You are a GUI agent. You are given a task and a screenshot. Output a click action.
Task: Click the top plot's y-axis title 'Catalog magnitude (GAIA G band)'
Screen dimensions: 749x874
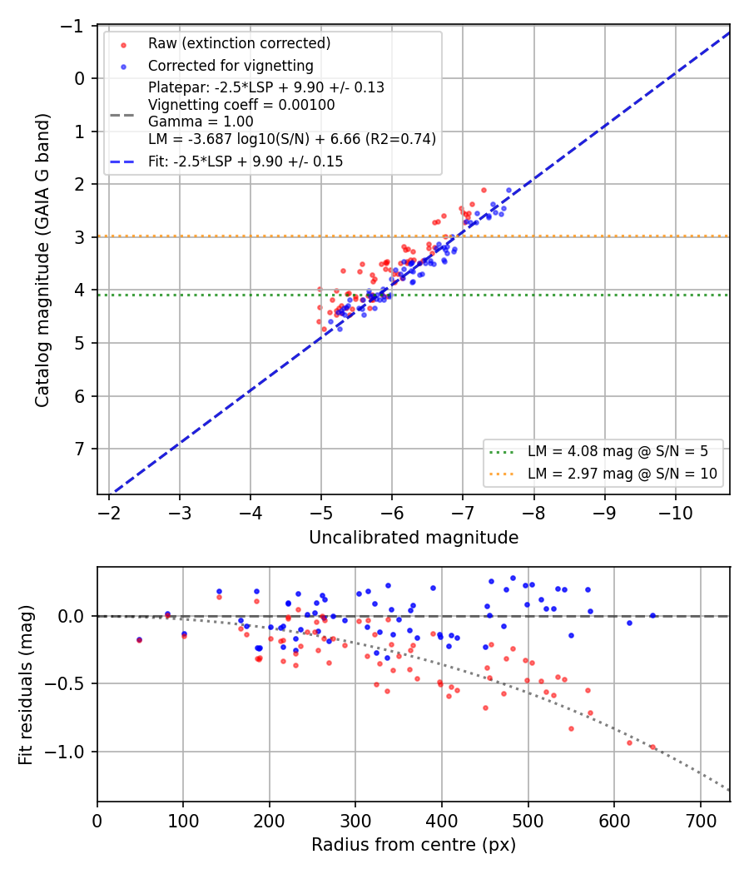(x=42, y=261)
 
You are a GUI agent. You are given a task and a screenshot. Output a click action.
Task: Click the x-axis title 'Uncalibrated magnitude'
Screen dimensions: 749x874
(x=414, y=538)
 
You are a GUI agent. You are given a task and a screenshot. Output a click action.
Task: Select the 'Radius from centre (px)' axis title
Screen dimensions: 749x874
(x=414, y=845)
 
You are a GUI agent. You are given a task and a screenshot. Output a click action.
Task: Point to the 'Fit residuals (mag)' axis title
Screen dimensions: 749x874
(x=26, y=684)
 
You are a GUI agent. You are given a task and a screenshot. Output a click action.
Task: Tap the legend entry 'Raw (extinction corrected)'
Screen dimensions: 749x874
(x=239, y=43)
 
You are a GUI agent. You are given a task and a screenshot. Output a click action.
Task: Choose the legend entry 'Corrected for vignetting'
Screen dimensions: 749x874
(x=231, y=66)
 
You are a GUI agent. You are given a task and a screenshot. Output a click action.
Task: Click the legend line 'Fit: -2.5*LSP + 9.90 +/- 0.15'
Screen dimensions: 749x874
(x=246, y=161)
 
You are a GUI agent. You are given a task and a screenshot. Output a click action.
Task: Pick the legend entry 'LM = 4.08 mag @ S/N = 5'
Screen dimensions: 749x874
(x=618, y=451)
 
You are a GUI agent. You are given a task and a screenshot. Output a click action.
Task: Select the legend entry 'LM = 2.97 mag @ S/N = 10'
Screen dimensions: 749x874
(x=622, y=474)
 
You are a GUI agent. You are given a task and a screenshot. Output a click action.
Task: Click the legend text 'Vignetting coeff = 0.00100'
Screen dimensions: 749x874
(x=241, y=105)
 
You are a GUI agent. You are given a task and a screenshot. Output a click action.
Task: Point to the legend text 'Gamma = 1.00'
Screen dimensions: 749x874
(x=201, y=122)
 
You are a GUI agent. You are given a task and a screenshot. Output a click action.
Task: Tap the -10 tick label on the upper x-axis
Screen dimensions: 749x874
(x=676, y=513)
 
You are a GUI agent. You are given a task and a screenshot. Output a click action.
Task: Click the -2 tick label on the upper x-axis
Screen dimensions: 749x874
(x=109, y=513)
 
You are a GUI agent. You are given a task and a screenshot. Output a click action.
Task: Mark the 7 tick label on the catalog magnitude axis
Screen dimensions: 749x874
(x=80, y=449)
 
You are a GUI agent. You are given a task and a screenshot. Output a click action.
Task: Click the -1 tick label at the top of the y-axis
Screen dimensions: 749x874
(x=73, y=26)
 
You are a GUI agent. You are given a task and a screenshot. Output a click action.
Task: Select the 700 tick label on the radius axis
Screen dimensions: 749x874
(x=700, y=821)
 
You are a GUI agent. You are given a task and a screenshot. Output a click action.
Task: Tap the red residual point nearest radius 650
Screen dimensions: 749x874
(x=652, y=747)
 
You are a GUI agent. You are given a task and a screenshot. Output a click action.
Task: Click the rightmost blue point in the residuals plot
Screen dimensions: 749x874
(x=652, y=616)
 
